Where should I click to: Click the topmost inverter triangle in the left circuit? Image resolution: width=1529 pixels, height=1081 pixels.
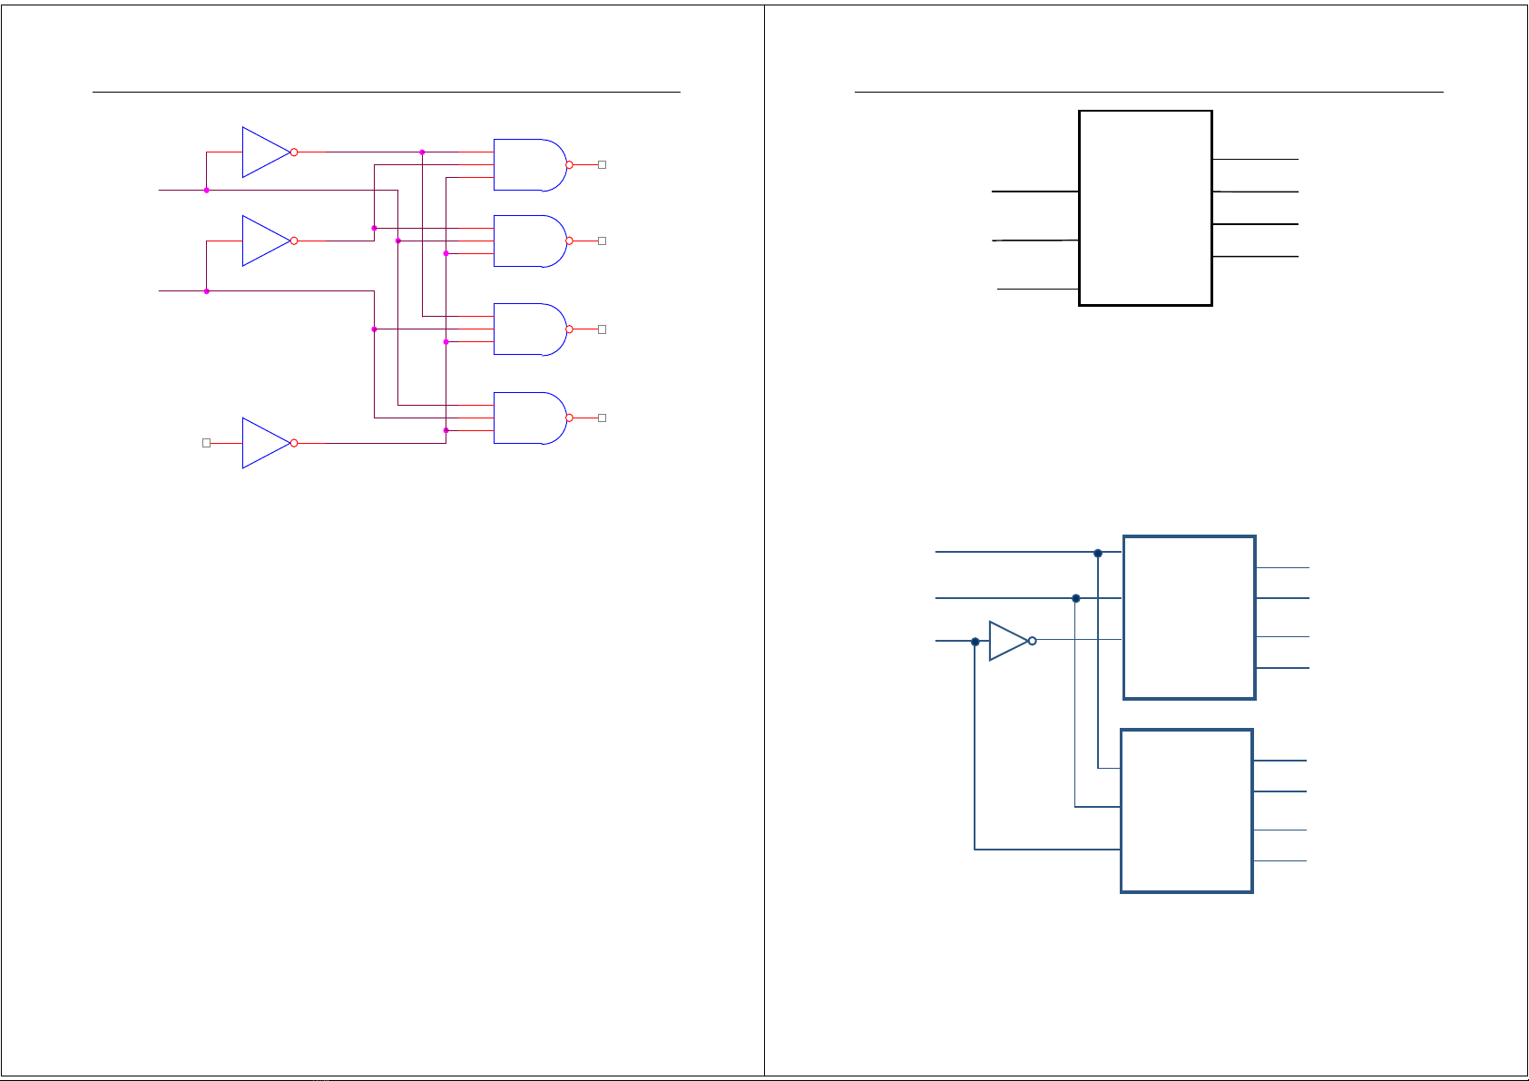pyautogui.click(x=263, y=152)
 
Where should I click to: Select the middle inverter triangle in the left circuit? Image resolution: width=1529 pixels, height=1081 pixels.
pyautogui.click(x=263, y=241)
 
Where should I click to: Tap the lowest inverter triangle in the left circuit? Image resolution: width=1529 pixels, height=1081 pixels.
pyautogui.click(x=263, y=443)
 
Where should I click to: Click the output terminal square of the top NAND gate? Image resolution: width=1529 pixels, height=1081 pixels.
pyautogui.click(x=602, y=164)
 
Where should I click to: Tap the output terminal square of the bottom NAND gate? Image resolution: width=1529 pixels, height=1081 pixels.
pyautogui.click(x=602, y=418)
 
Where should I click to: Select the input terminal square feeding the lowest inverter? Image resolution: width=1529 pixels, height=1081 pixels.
pyautogui.click(x=206, y=443)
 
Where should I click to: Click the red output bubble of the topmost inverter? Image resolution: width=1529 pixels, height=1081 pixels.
pyautogui.click(x=294, y=152)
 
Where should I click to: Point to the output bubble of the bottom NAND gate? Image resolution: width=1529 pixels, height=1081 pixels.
pyautogui.click(x=570, y=418)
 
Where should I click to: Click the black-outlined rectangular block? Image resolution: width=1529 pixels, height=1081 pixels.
pyautogui.click(x=1145, y=208)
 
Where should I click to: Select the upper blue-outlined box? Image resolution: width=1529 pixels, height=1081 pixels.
pyautogui.click(x=1189, y=617)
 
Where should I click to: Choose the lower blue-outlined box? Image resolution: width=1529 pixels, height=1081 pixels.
pyautogui.click(x=1187, y=811)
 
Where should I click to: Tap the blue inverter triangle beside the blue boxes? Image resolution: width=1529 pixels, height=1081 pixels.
pyautogui.click(x=1006, y=641)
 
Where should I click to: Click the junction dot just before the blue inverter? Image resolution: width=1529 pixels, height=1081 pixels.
pyautogui.click(x=975, y=642)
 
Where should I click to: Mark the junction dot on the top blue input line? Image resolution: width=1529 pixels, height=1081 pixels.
pyautogui.click(x=1098, y=553)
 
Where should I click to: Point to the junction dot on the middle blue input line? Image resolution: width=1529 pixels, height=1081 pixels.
pyautogui.click(x=1076, y=598)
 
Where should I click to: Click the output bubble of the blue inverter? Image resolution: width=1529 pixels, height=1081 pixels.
pyautogui.click(x=1033, y=641)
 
